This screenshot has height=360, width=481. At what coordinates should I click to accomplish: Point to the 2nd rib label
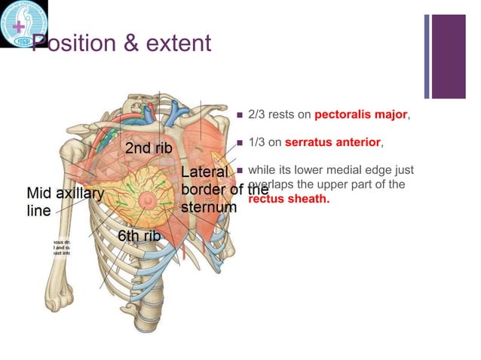coord(148,149)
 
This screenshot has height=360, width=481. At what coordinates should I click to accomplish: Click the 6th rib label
coord(139,236)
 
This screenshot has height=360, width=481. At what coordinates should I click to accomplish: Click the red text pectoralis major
coord(361,116)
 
